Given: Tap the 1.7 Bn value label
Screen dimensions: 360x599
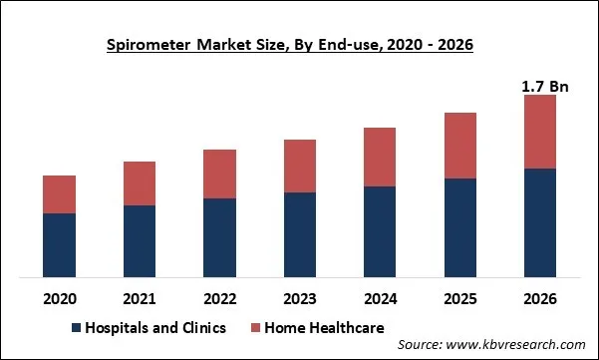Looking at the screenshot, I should coord(544,87).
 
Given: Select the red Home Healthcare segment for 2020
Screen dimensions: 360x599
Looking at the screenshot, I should coord(59,194).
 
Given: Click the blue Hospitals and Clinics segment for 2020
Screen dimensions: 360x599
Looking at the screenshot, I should coord(59,244).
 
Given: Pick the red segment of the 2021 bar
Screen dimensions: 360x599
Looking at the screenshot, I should coord(140,183).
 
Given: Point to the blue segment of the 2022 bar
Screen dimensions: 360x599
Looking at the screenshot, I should coord(219,237).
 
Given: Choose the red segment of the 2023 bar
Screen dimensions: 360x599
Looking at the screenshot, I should coord(300,166).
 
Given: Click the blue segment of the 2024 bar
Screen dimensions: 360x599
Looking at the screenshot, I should coord(380,231).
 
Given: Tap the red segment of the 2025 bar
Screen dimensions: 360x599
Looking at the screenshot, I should coord(460,146).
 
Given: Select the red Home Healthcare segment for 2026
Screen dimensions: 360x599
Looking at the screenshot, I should coord(540,132).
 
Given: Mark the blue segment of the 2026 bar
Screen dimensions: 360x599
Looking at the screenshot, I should coord(540,222).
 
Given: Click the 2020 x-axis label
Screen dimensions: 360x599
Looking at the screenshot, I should coord(59,297).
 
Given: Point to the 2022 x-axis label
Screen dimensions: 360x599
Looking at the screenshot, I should coord(219,297).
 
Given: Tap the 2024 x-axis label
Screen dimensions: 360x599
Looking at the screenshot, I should coord(380,297).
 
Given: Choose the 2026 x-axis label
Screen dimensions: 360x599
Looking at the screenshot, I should coord(540,297).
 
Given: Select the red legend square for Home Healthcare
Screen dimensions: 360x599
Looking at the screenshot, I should coord(255,327).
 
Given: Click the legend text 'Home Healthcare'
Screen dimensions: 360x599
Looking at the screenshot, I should coord(325,327).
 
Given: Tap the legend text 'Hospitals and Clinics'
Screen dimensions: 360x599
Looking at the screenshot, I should coord(155,327).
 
